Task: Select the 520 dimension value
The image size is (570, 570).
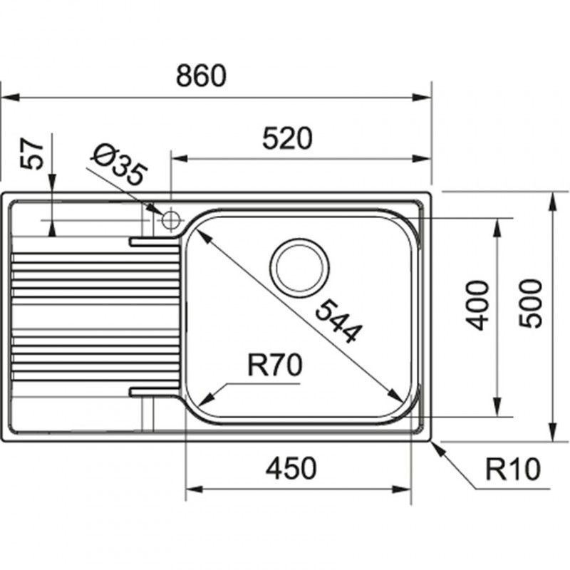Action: click(287, 138)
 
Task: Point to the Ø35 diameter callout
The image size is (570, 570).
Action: click(120, 165)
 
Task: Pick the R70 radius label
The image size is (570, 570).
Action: click(275, 366)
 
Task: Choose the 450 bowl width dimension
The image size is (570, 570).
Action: click(290, 469)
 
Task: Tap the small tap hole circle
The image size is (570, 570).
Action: click(171, 219)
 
